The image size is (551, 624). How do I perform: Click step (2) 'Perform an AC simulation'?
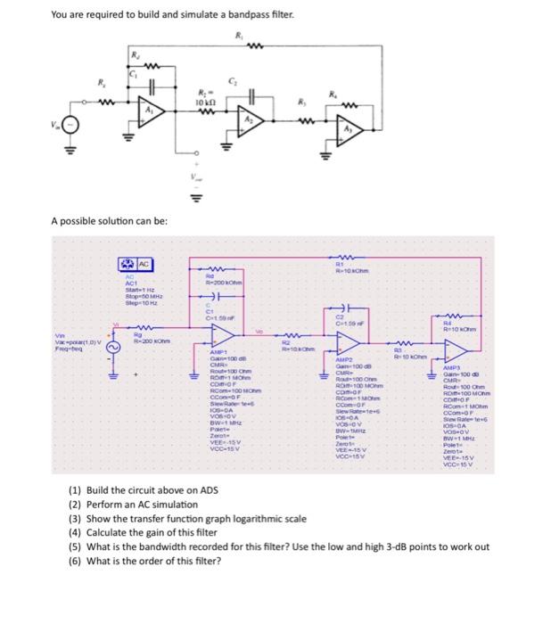pyautogui.click(x=133, y=505)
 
